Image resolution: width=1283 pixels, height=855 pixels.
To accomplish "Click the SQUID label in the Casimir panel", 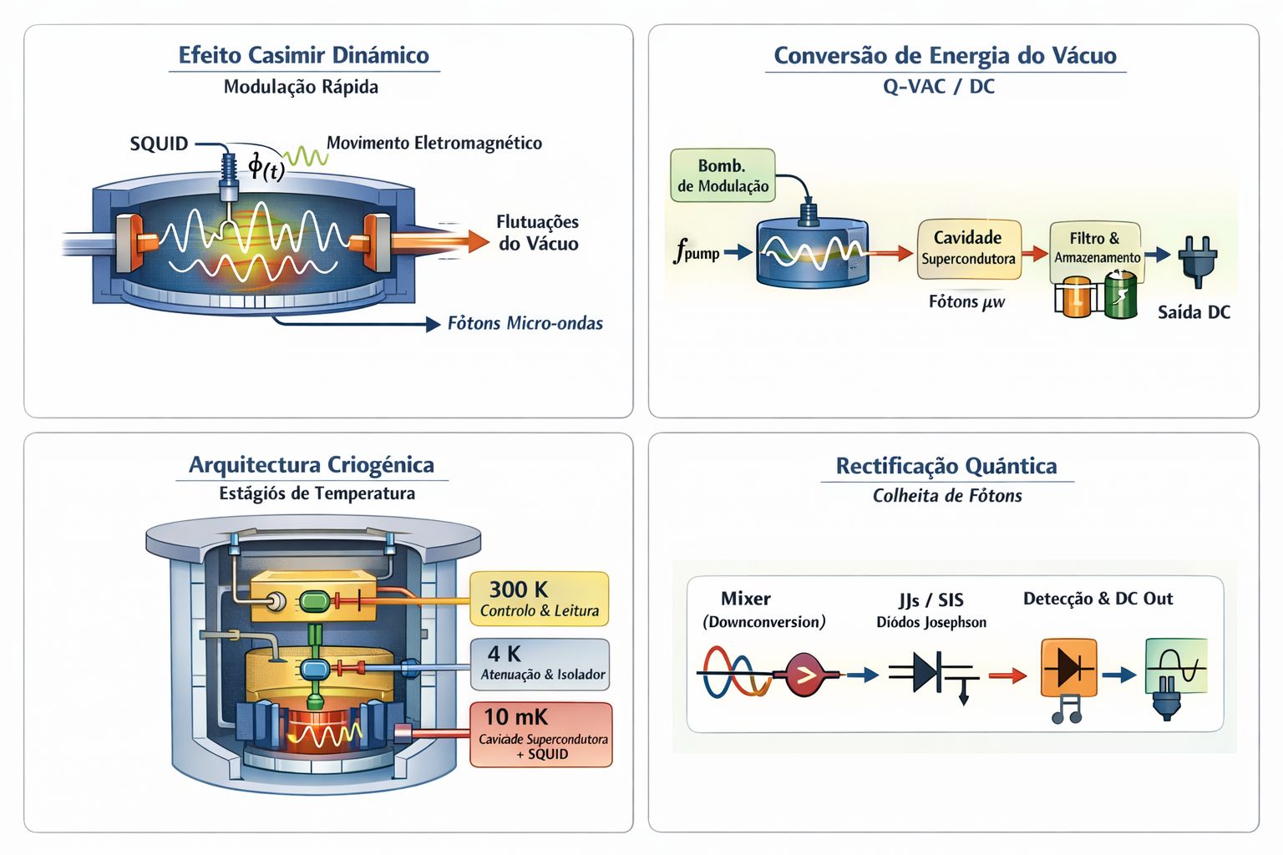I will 159,144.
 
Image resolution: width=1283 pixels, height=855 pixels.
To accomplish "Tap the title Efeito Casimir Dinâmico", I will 303,55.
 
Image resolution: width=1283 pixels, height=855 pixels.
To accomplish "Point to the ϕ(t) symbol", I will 266,167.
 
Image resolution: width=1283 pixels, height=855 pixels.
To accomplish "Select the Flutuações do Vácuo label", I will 537,233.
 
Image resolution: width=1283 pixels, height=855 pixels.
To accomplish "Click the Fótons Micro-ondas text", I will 525,323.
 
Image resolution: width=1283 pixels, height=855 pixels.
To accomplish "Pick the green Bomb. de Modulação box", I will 723,175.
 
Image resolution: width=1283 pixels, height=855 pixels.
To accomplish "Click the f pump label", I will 697,250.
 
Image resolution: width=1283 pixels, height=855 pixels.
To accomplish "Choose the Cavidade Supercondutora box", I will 968,248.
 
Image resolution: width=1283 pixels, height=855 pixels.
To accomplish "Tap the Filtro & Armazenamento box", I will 1096,248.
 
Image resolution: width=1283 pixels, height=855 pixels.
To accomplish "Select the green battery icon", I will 1121,296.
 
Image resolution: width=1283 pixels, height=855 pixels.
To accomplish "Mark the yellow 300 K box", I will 539,599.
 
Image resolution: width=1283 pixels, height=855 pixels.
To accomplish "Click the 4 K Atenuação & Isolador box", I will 540,665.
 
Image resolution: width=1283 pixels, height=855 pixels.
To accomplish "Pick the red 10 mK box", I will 540,735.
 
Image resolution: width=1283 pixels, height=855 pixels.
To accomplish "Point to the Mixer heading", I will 745,599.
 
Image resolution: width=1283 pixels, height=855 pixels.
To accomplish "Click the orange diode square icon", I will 1068,667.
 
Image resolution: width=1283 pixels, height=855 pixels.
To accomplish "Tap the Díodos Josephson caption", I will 931,622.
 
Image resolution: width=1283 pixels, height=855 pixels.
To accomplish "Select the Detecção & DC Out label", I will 1098,599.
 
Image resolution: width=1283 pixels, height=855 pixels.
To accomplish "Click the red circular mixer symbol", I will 805,675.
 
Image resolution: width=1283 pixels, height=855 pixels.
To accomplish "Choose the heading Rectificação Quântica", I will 946,466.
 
